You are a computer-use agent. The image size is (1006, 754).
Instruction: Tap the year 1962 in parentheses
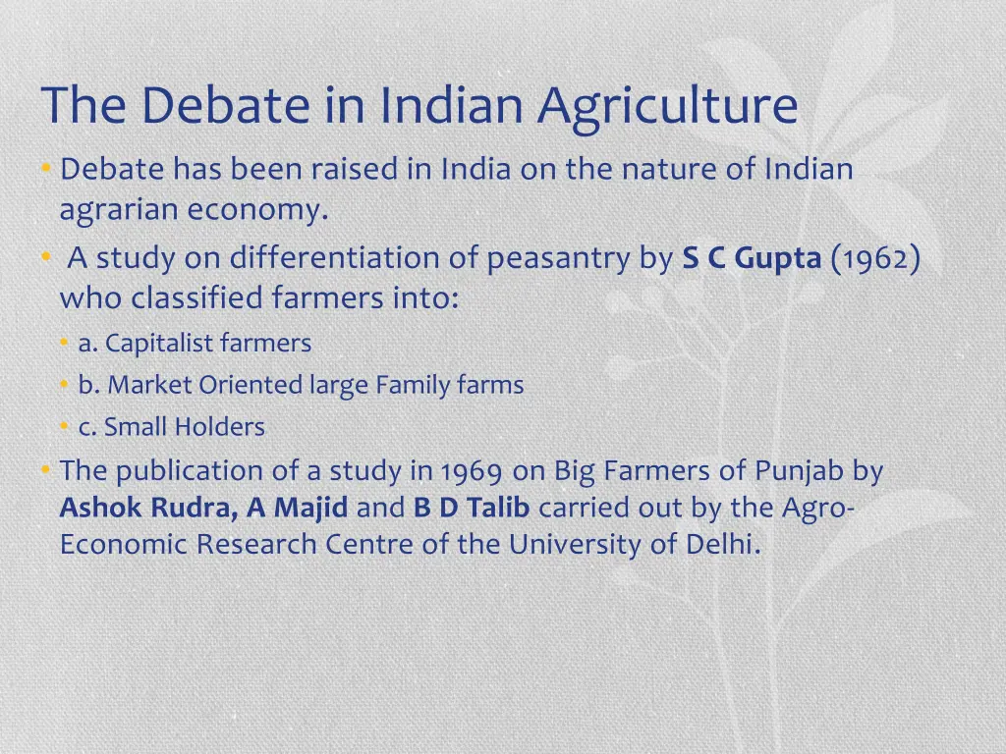(875, 258)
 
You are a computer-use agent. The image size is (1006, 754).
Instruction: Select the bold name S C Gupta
(752, 258)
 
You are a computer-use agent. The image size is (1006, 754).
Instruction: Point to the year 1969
(473, 472)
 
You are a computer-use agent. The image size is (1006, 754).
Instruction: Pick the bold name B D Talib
(472, 509)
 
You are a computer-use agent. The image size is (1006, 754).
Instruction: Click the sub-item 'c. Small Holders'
(172, 428)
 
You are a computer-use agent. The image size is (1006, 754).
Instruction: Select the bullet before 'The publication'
(46, 471)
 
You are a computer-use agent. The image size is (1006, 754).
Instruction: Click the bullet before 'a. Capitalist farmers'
(64, 344)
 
